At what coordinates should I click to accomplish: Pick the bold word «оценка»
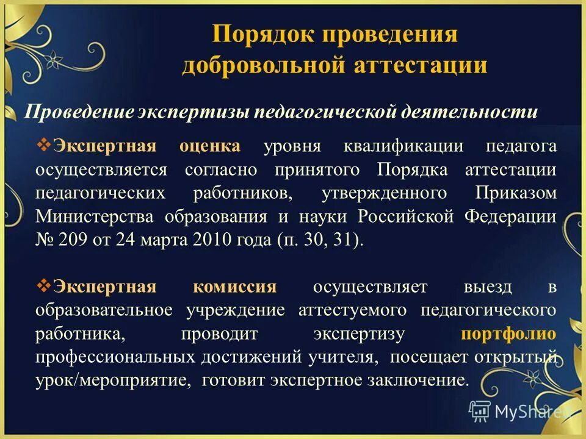[x=210, y=146]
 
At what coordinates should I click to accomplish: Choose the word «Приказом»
[x=515, y=193]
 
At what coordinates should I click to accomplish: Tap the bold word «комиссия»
[x=235, y=287]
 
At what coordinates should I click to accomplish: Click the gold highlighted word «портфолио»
[x=508, y=334]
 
